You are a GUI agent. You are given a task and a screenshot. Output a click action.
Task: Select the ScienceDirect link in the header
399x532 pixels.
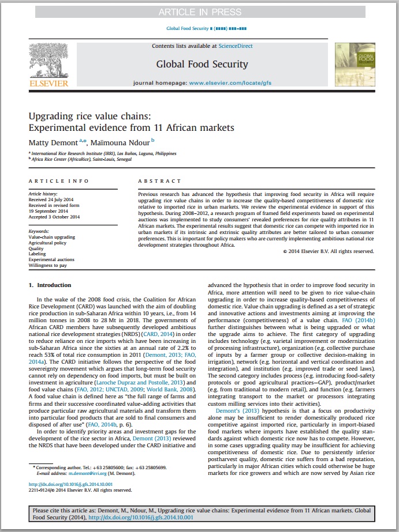tap(235, 46)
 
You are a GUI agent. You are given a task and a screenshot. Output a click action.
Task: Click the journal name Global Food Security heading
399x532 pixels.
tap(202, 64)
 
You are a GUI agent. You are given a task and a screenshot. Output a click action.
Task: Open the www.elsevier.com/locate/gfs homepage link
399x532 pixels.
tap(230, 83)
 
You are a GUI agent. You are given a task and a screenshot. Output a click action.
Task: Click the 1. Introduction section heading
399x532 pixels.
tap(50, 285)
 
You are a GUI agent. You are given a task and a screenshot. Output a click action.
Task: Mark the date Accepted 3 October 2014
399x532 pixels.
tap(54, 217)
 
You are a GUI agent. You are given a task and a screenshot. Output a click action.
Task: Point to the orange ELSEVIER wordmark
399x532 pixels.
tap(49, 83)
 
